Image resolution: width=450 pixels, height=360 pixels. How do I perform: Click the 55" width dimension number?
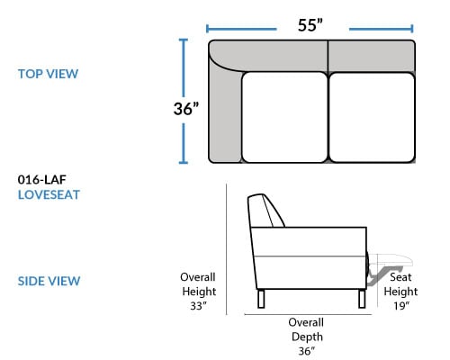tap(310, 25)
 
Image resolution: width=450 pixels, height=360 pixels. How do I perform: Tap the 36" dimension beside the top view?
tap(186, 109)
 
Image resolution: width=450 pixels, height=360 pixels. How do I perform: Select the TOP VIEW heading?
tap(48, 74)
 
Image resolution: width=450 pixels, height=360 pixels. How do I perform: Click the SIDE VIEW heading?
tap(49, 281)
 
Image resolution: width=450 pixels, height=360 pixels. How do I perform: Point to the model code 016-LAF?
tap(42, 180)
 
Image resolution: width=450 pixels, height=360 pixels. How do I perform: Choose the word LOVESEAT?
tap(49, 195)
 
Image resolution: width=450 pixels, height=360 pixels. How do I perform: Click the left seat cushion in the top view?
tap(284, 117)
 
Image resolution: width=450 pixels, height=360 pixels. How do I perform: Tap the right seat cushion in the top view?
tap(372, 117)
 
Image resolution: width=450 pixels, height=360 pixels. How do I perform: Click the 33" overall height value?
tap(199, 306)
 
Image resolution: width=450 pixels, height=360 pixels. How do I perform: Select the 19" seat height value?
tap(401, 306)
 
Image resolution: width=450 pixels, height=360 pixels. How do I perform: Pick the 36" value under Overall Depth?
tap(307, 351)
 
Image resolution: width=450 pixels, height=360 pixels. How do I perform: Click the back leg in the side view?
tap(261, 299)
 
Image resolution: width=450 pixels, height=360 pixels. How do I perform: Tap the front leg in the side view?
tap(362, 299)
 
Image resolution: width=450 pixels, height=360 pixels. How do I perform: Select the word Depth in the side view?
tap(307, 337)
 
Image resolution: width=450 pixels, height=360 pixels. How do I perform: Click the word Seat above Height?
tap(400, 277)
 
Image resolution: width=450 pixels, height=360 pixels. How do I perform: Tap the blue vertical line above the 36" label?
tap(184, 67)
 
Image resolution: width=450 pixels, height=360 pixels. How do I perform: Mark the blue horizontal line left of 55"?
tap(241, 29)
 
